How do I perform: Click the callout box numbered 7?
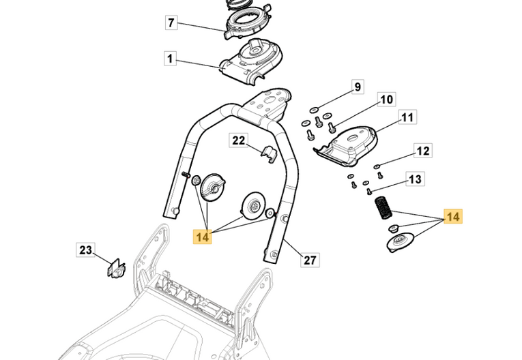tap(171, 23)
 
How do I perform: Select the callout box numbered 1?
tap(171, 59)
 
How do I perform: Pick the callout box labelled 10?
tap(386, 100)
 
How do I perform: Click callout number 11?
tap(407, 118)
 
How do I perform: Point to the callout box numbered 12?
tap(422, 151)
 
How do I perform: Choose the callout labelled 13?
tap(415, 180)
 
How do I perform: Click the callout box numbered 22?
tap(238, 141)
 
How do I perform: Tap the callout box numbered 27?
tap(310, 260)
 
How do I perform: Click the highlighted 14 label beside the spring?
tap(452, 217)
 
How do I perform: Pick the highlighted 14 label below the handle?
tap(202, 236)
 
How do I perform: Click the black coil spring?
tap(383, 207)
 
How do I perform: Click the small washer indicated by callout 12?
tap(377, 166)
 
